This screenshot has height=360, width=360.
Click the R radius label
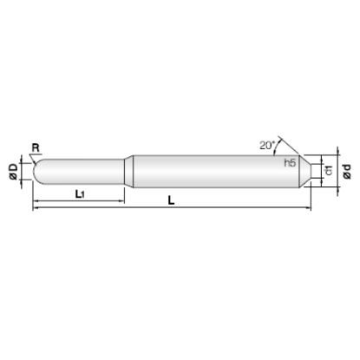[x=36, y=148]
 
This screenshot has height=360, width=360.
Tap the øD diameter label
[x=14, y=172]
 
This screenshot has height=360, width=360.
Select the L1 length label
[x=79, y=194]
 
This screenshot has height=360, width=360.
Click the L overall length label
[x=172, y=200]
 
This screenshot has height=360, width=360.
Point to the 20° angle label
[x=266, y=145]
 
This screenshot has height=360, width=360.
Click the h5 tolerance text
[x=290, y=163]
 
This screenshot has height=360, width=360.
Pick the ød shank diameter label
[x=347, y=172]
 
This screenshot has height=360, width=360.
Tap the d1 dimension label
[x=329, y=170]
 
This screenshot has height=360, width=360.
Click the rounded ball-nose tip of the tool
[x=36, y=172]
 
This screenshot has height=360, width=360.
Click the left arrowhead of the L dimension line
[x=36, y=207]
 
